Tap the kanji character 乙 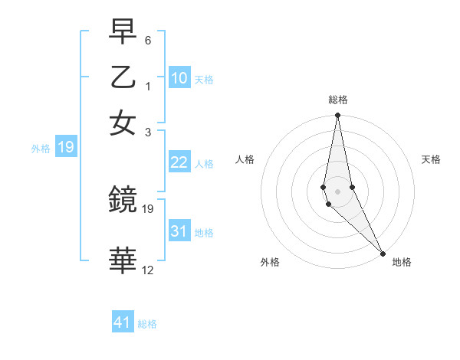pyautogui.click(x=123, y=77)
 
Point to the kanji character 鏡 pyautogui.click(x=123, y=201)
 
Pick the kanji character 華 pyautogui.click(x=123, y=261)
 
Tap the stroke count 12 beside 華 pyautogui.click(x=148, y=270)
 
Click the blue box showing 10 pyautogui.click(x=179, y=77)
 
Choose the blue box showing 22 pyautogui.click(x=179, y=162)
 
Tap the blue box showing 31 pyautogui.click(x=179, y=231)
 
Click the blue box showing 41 pyautogui.click(x=123, y=322)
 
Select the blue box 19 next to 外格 pyautogui.click(x=65, y=147)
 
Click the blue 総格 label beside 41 pyautogui.click(x=147, y=324)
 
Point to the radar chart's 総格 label pyautogui.click(x=338, y=100)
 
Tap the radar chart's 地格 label pyautogui.click(x=402, y=262)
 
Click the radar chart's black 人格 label pyautogui.click(x=245, y=159)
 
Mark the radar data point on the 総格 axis pyautogui.click(x=337, y=116)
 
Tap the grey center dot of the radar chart pyautogui.click(x=337, y=191)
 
